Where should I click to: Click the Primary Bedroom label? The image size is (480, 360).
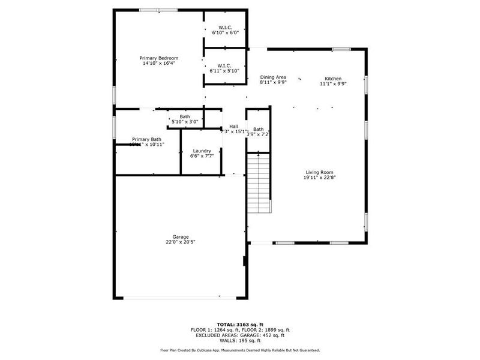(159, 58)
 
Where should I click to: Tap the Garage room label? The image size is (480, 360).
(181, 237)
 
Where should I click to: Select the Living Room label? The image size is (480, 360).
(319, 172)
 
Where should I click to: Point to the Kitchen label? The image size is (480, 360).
(333, 79)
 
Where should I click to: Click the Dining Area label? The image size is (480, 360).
(273, 77)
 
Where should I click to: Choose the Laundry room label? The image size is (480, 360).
(202, 151)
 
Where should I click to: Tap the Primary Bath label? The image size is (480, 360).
(147, 139)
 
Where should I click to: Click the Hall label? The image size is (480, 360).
(233, 126)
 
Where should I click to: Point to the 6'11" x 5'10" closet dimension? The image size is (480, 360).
(224, 71)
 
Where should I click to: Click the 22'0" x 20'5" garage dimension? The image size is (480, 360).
(181, 242)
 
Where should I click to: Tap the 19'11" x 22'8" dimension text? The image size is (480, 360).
(319, 177)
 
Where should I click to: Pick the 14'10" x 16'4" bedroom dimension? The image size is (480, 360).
(159, 64)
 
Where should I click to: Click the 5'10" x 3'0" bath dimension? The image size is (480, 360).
(185, 122)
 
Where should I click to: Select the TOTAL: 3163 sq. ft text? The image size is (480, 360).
(239, 325)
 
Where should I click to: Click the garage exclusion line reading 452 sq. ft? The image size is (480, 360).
(239, 335)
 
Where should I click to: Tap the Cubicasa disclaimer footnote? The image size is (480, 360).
(239, 350)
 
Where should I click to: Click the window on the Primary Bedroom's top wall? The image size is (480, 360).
(158, 10)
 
